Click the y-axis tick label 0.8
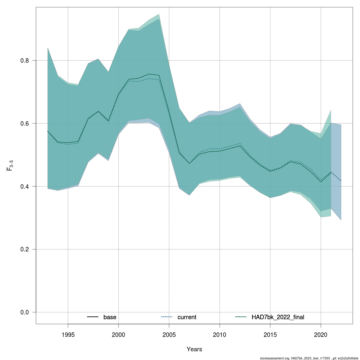tap(25, 60)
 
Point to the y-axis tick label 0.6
tap(25, 123)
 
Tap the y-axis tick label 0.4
tap(25, 186)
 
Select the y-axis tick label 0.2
tap(25, 249)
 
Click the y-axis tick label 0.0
tap(25, 312)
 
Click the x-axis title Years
tap(194, 349)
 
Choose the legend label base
tap(110, 317)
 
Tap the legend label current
tap(187, 317)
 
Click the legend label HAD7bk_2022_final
tap(278, 317)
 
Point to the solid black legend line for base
tap(93, 317)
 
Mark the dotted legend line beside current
tap(167, 317)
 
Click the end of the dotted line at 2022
tap(341, 181)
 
